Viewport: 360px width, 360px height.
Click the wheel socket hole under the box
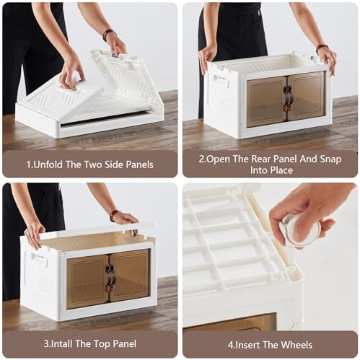click(x=291, y=269)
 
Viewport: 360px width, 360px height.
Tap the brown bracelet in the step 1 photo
click(x=108, y=34)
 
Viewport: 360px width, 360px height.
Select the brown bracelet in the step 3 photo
click(x=114, y=215)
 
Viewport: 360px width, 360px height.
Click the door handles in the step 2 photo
click(x=287, y=99)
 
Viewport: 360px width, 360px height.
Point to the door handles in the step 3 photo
click(x=110, y=277)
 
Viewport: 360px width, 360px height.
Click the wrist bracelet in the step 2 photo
click(x=322, y=48)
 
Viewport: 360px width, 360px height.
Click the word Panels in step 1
click(x=139, y=164)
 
